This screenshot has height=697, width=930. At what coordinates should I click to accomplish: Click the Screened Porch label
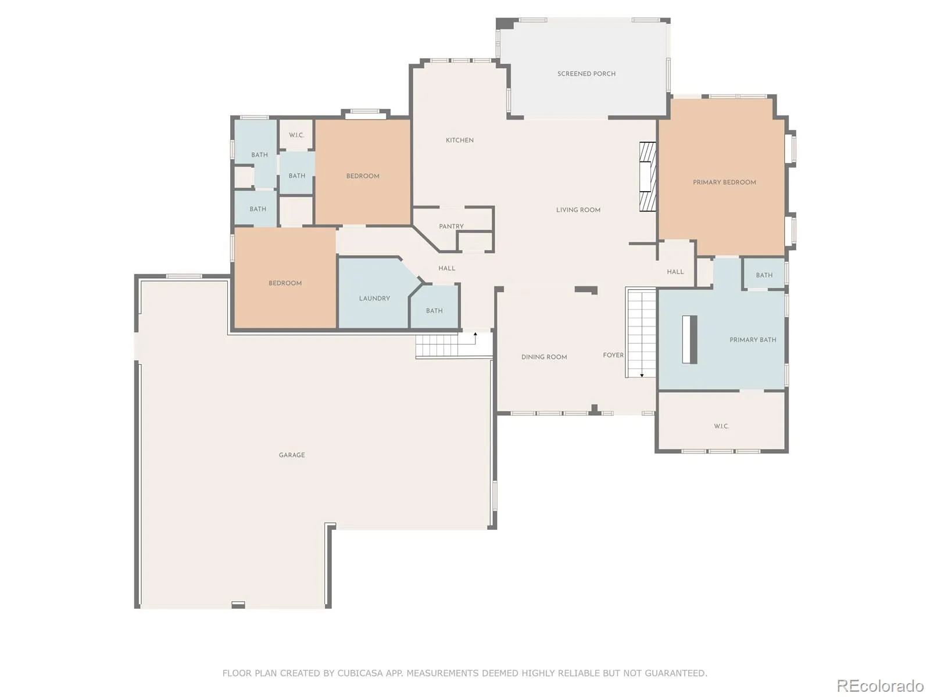pyautogui.click(x=586, y=74)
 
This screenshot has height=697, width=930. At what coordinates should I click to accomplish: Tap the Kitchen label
pyautogui.click(x=459, y=140)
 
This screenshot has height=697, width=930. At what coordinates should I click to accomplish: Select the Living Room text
pyautogui.click(x=578, y=210)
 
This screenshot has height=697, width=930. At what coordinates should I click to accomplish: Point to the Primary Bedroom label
pyautogui.click(x=724, y=182)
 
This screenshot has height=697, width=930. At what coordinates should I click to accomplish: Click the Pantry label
pyautogui.click(x=451, y=227)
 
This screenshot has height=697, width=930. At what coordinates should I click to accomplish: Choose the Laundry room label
pyautogui.click(x=374, y=299)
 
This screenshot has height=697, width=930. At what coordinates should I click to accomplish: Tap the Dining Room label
pyautogui.click(x=544, y=357)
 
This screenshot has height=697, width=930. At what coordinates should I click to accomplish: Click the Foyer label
pyautogui.click(x=613, y=355)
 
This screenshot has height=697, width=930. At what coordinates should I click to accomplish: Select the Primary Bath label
pyautogui.click(x=753, y=340)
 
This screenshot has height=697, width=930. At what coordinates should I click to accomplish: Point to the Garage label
pyautogui.click(x=292, y=455)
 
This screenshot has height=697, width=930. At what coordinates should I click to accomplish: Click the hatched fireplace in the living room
pyautogui.click(x=648, y=177)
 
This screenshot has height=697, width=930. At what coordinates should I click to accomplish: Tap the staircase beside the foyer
pyautogui.click(x=641, y=333)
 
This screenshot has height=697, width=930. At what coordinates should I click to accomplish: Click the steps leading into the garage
pyautogui.click(x=437, y=344)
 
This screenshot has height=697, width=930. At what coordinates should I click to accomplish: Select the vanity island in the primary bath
pyautogui.click(x=689, y=339)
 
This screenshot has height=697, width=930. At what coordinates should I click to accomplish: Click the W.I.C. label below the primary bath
pyautogui.click(x=721, y=426)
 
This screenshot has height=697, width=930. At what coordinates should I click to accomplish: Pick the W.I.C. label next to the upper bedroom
pyautogui.click(x=296, y=135)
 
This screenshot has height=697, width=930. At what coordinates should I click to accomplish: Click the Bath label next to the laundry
pyautogui.click(x=434, y=311)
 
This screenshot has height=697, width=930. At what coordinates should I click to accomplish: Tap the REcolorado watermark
pyautogui.click(x=880, y=685)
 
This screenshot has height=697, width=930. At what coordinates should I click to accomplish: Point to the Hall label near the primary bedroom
pyautogui.click(x=675, y=272)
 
